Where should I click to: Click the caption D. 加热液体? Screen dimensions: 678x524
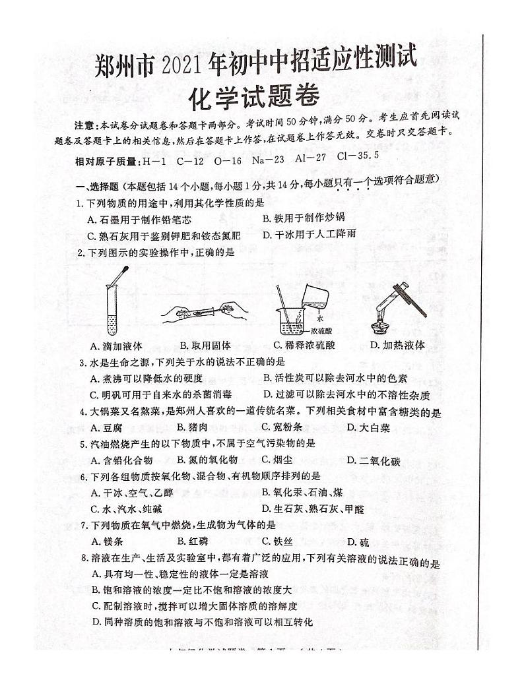[x=397, y=345]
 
